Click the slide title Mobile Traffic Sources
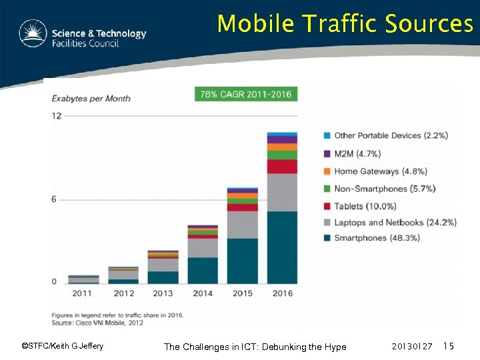(x=345, y=24)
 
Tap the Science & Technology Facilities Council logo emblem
(x=33, y=34)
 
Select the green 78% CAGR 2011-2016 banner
(x=246, y=94)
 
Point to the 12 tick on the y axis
(x=57, y=116)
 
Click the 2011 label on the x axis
(x=83, y=293)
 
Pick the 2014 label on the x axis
(x=202, y=293)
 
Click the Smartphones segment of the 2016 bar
(x=282, y=247)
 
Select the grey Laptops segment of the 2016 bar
(x=282, y=192)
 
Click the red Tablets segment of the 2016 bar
(x=282, y=166)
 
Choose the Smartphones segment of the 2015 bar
(x=242, y=261)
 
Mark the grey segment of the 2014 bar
(x=203, y=247)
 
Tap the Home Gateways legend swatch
(x=327, y=171)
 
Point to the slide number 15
(x=449, y=347)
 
